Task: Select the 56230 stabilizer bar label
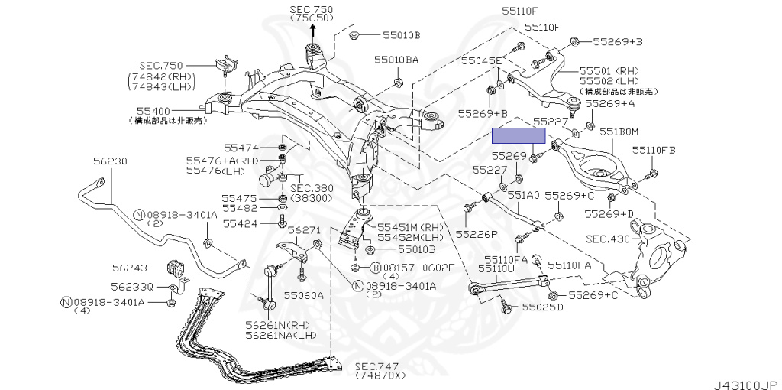point(111,161)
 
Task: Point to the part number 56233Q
point(132,287)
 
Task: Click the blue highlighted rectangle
point(519,136)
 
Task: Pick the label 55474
point(241,147)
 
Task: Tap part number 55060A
point(304,294)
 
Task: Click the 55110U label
point(497,269)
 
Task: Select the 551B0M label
point(619,132)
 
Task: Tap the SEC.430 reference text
point(608,239)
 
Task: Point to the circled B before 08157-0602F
point(376,268)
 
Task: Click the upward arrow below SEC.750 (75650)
point(313,31)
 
